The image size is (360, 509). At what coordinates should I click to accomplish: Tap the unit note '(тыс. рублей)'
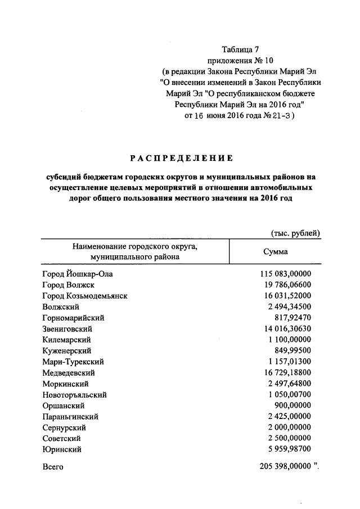pos(295,232)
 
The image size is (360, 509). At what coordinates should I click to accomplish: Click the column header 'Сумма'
pos(276,251)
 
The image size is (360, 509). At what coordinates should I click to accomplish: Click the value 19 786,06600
pos(287,285)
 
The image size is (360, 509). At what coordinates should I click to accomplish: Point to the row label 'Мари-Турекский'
pos(73,362)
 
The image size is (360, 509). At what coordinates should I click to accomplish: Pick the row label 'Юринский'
pos(62,449)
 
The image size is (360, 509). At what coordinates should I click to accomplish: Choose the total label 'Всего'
pos(53,466)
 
